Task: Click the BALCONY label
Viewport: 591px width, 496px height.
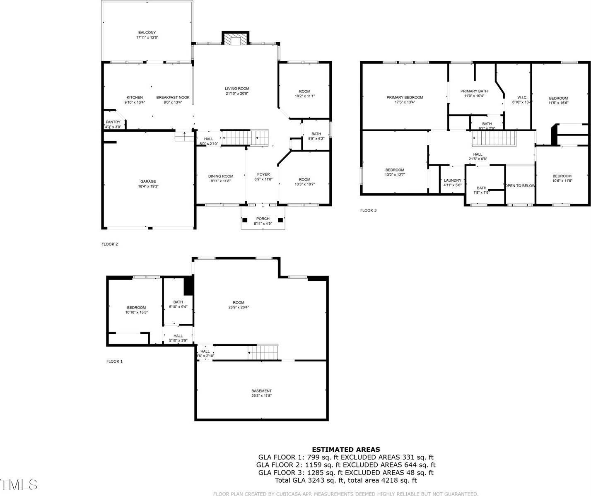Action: click(x=147, y=32)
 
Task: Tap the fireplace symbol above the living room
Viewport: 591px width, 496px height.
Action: click(x=236, y=39)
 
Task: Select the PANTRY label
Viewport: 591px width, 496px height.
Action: click(x=113, y=122)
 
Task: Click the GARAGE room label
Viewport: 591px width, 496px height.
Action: click(x=148, y=181)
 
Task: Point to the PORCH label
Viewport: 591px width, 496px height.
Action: click(x=263, y=219)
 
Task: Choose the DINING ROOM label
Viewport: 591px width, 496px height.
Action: click(x=220, y=176)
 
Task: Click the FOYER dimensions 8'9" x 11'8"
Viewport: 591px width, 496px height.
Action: click(x=263, y=179)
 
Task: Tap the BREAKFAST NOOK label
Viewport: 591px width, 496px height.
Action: click(x=173, y=97)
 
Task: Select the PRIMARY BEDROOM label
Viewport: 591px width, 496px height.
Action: click(x=405, y=97)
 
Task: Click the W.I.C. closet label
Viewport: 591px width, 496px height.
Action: click(x=522, y=97)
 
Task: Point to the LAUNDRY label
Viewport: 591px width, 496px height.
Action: click(x=452, y=180)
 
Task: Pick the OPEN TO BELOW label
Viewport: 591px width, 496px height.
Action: click(x=520, y=185)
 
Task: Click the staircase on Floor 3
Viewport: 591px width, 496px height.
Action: click(x=494, y=138)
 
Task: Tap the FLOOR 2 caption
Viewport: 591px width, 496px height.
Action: click(x=110, y=244)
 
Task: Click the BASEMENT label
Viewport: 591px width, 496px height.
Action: click(x=261, y=391)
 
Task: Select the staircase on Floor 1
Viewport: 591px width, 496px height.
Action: click(x=263, y=353)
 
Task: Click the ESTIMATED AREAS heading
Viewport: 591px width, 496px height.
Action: click(x=345, y=449)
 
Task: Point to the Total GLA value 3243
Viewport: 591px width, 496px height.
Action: click(x=316, y=480)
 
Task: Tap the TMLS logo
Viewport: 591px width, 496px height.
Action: click(x=19, y=484)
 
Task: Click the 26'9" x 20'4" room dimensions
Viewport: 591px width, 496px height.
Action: click(x=238, y=307)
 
